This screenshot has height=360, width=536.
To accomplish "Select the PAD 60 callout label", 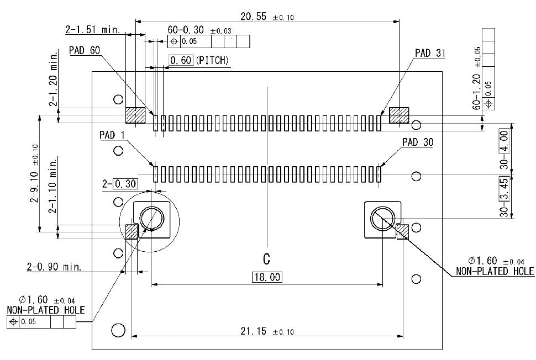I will tap(85, 50).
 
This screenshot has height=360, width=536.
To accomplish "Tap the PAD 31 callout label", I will tap(430, 53).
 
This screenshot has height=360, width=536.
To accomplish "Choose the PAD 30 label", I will tap(418, 142).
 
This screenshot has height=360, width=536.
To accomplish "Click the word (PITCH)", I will tap(212, 60).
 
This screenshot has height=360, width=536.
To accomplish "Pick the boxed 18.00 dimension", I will tap(266, 277).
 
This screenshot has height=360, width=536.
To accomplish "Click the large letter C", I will tap(266, 258).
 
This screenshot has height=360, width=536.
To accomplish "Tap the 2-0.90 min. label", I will tap(54, 267).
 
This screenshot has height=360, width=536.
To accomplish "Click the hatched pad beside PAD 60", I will tap(135, 115).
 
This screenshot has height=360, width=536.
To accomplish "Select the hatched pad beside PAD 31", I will tap(399, 115).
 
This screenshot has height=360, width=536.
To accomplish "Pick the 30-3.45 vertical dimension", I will tap(503, 197).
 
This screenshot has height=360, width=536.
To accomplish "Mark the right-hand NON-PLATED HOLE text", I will tap(495, 271).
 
